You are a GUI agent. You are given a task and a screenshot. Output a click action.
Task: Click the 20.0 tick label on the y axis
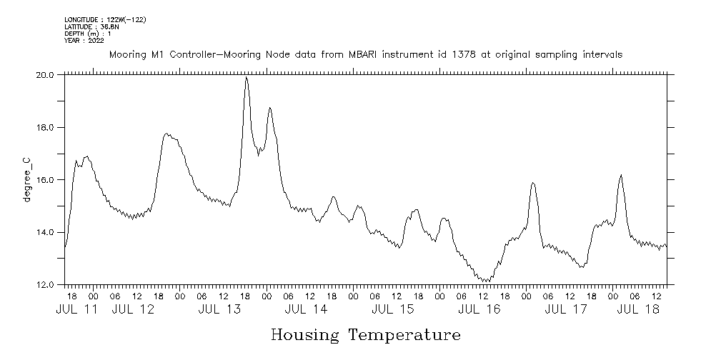(46, 74)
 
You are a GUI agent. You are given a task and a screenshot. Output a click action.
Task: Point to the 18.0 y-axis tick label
(46, 127)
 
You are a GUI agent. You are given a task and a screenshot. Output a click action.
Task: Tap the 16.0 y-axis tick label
(46, 180)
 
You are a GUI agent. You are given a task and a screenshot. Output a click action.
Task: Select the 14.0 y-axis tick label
(46, 232)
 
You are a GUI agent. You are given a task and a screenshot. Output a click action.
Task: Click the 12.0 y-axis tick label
(46, 285)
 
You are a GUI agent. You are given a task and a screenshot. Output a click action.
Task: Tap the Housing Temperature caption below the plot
(365, 334)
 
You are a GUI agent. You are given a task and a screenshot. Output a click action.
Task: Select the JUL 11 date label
(77, 309)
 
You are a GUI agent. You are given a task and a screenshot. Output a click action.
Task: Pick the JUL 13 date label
(219, 309)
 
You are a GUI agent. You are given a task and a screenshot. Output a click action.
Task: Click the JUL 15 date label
(393, 309)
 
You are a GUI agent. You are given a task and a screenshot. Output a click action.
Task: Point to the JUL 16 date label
(479, 309)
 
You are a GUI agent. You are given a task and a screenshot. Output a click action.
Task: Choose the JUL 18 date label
(637, 309)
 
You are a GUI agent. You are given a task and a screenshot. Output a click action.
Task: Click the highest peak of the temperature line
(247, 78)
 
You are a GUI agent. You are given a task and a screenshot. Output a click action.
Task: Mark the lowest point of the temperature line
(485, 281)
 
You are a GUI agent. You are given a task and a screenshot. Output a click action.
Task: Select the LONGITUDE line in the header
(105, 20)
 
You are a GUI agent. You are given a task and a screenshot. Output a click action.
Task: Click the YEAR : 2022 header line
(84, 41)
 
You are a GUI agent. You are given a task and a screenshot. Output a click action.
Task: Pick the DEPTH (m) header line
(88, 34)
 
